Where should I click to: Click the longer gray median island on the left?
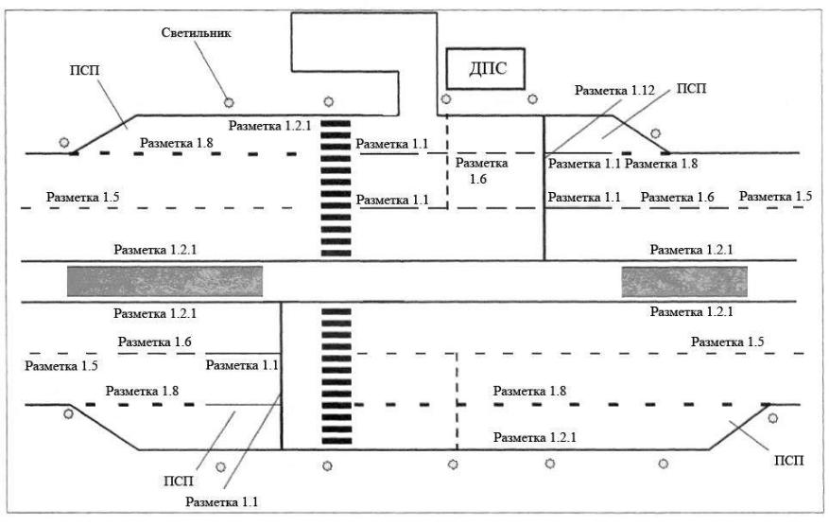click(164, 281)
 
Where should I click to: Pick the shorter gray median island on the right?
click(683, 281)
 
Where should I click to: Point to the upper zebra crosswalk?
click(337, 187)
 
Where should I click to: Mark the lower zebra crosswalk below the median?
click(337, 377)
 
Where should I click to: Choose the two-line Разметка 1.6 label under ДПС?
click(482, 169)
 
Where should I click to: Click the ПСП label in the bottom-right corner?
click(787, 461)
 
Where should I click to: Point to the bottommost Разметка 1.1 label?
click(223, 500)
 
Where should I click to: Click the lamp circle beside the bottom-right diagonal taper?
click(772, 417)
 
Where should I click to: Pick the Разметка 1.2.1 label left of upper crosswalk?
click(268, 126)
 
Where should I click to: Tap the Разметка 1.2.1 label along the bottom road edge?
click(534, 437)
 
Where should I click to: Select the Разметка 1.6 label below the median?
click(155, 342)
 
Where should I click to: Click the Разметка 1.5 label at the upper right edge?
click(775, 196)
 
